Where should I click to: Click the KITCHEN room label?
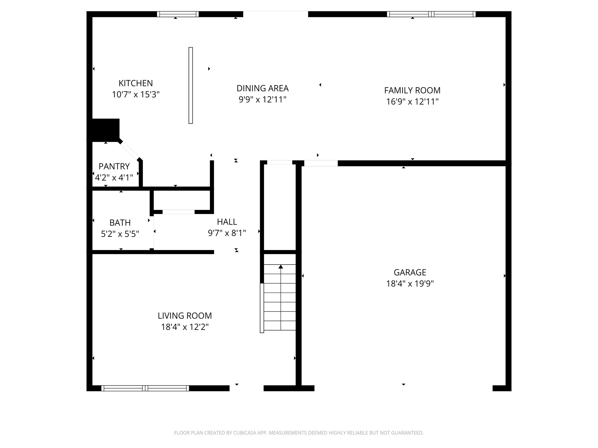135,83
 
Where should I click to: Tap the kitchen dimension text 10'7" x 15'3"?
135,95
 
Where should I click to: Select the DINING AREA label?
262,88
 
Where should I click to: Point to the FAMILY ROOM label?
412,90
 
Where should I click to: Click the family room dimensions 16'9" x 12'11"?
412,102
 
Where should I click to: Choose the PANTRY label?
114,167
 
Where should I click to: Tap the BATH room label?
120,223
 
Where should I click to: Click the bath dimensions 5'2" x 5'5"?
120,234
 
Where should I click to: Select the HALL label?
227,222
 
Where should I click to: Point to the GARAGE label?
410,272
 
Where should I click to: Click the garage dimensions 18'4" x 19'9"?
410,284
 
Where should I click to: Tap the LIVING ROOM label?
185,316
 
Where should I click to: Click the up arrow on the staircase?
281,267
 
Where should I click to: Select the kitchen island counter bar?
191,85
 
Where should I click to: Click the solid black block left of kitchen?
105,129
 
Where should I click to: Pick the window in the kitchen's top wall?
178,14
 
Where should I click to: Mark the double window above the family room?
431,14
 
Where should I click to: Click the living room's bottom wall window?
145,388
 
